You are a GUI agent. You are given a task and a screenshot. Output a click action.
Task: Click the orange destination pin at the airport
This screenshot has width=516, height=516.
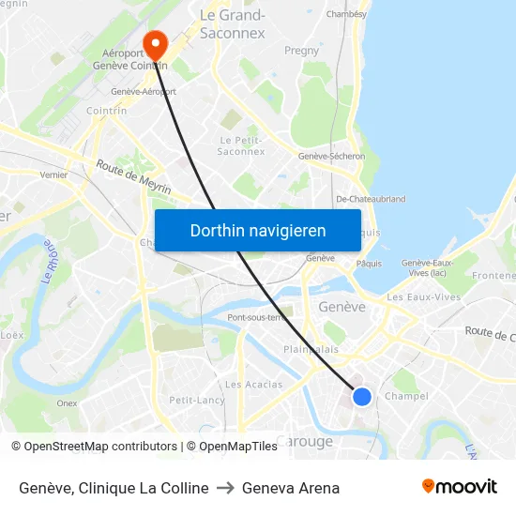click(154, 43)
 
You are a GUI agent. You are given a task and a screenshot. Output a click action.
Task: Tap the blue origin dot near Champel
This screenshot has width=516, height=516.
click(361, 397)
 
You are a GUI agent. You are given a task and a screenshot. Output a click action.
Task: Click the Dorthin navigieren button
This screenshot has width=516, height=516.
click(258, 231)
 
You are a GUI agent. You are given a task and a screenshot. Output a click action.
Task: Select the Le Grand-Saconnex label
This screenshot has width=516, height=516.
click(233, 23)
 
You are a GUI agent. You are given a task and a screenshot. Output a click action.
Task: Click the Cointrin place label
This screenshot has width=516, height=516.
click(107, 110)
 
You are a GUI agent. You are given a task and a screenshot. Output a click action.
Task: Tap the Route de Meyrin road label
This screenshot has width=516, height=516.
click(133, 176)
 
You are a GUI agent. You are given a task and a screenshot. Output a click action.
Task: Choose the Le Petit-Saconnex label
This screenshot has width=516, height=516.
click(240, 145)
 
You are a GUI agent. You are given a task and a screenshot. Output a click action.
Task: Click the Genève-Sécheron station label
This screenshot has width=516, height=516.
click(331, 157)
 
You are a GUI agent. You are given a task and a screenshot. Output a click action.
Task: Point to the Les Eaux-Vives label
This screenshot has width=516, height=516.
click(424, 297)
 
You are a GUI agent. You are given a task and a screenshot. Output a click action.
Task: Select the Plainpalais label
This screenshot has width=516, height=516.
click(311, 349)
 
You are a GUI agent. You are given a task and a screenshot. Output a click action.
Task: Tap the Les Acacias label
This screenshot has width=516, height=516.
click(254, 385)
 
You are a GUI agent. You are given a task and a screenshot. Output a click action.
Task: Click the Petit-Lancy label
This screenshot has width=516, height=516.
click(196, 401)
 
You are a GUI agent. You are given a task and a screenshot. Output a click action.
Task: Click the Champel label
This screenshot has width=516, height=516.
click(406, 396)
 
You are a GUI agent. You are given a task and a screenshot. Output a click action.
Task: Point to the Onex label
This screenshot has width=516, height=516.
click(67, 403)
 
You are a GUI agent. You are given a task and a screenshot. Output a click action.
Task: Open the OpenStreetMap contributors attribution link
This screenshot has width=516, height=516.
click(100, 447)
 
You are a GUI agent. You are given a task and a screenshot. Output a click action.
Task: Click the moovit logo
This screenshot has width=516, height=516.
click(460, 486)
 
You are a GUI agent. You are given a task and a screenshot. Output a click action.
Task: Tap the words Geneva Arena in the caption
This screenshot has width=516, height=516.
click(291, 488)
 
